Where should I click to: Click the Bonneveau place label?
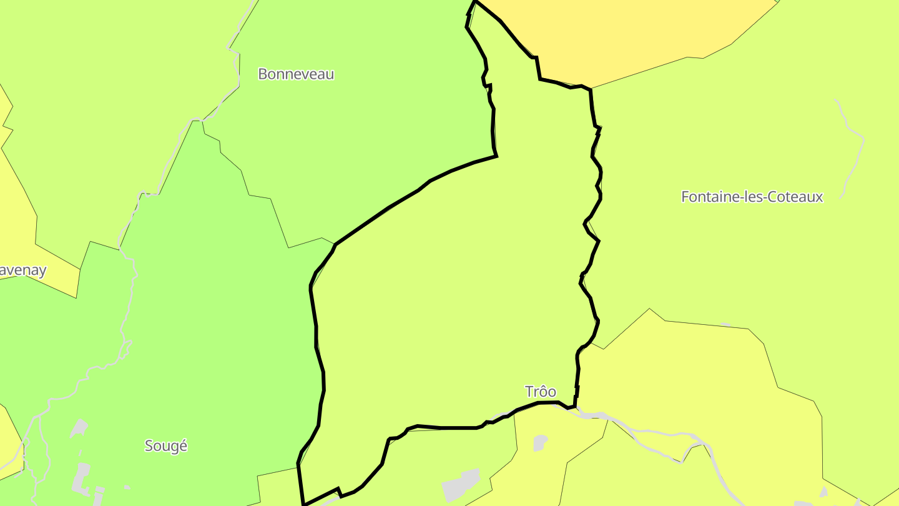[296, 74]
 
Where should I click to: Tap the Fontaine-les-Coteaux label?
[752, 197]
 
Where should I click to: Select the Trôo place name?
[541, 392]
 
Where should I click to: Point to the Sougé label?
[166, 446]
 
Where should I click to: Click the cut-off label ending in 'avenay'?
[22, 270]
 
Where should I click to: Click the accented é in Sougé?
[183, 446]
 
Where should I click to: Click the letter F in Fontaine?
[685, 197]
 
